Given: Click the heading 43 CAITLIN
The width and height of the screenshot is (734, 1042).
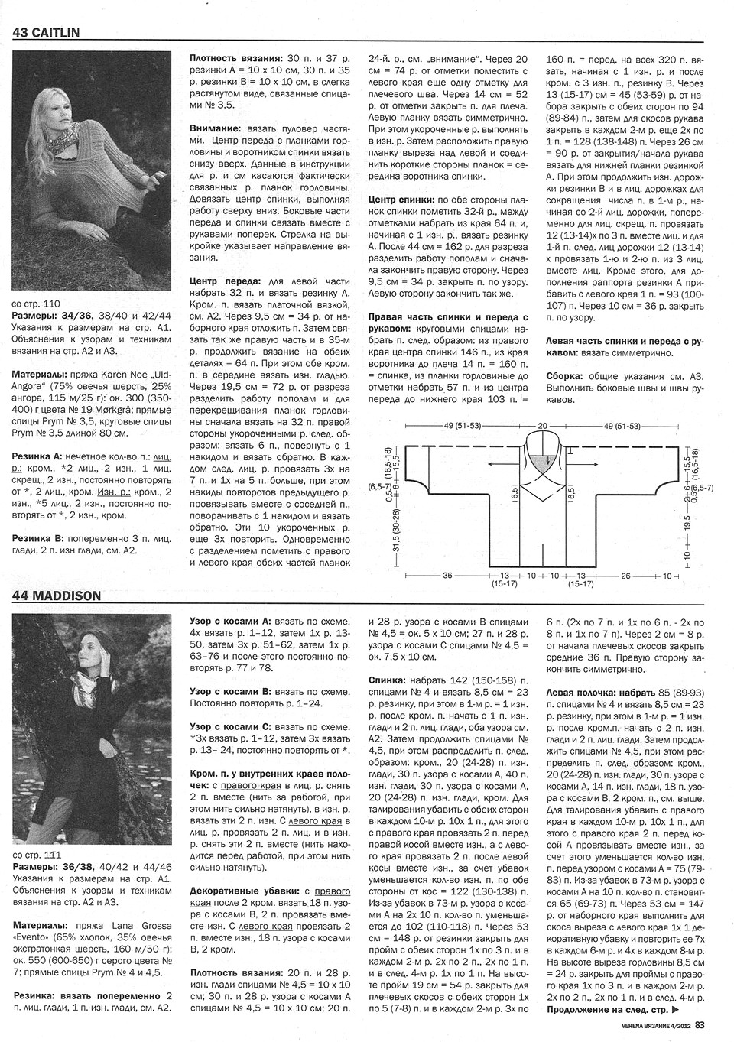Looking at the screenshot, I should click(x=46, y=32).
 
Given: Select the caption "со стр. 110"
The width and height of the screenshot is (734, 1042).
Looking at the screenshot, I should click(x=37, y=304).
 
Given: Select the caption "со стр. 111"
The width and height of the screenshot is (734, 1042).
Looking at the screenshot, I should click(x=37, y=855).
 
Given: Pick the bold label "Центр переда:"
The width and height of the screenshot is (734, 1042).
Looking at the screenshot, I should click(x=227, y=281).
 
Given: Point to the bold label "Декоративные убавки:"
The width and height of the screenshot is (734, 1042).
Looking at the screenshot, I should click(x=239, y=891).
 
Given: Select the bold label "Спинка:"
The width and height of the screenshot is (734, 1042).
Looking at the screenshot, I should click(x=393, y=679).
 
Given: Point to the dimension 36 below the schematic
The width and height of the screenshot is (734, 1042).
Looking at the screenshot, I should click(x=447, y=576).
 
